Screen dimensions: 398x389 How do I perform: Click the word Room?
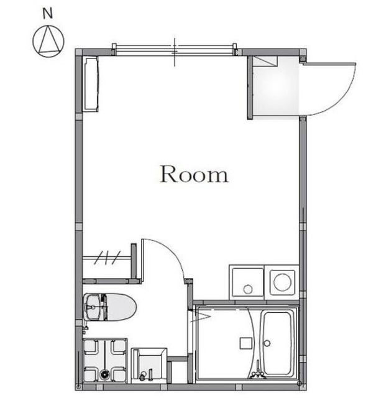pos(194,175)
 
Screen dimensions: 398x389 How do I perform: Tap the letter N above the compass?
pos(47,12)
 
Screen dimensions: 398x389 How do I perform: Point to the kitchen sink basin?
pos(247,282)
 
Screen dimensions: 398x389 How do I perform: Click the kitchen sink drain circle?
pos(248,289)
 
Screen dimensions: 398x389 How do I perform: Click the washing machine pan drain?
pos(104,374)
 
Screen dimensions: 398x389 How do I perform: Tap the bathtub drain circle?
pos(268,343)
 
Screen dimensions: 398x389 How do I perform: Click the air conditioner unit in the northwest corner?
pos(91,85)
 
